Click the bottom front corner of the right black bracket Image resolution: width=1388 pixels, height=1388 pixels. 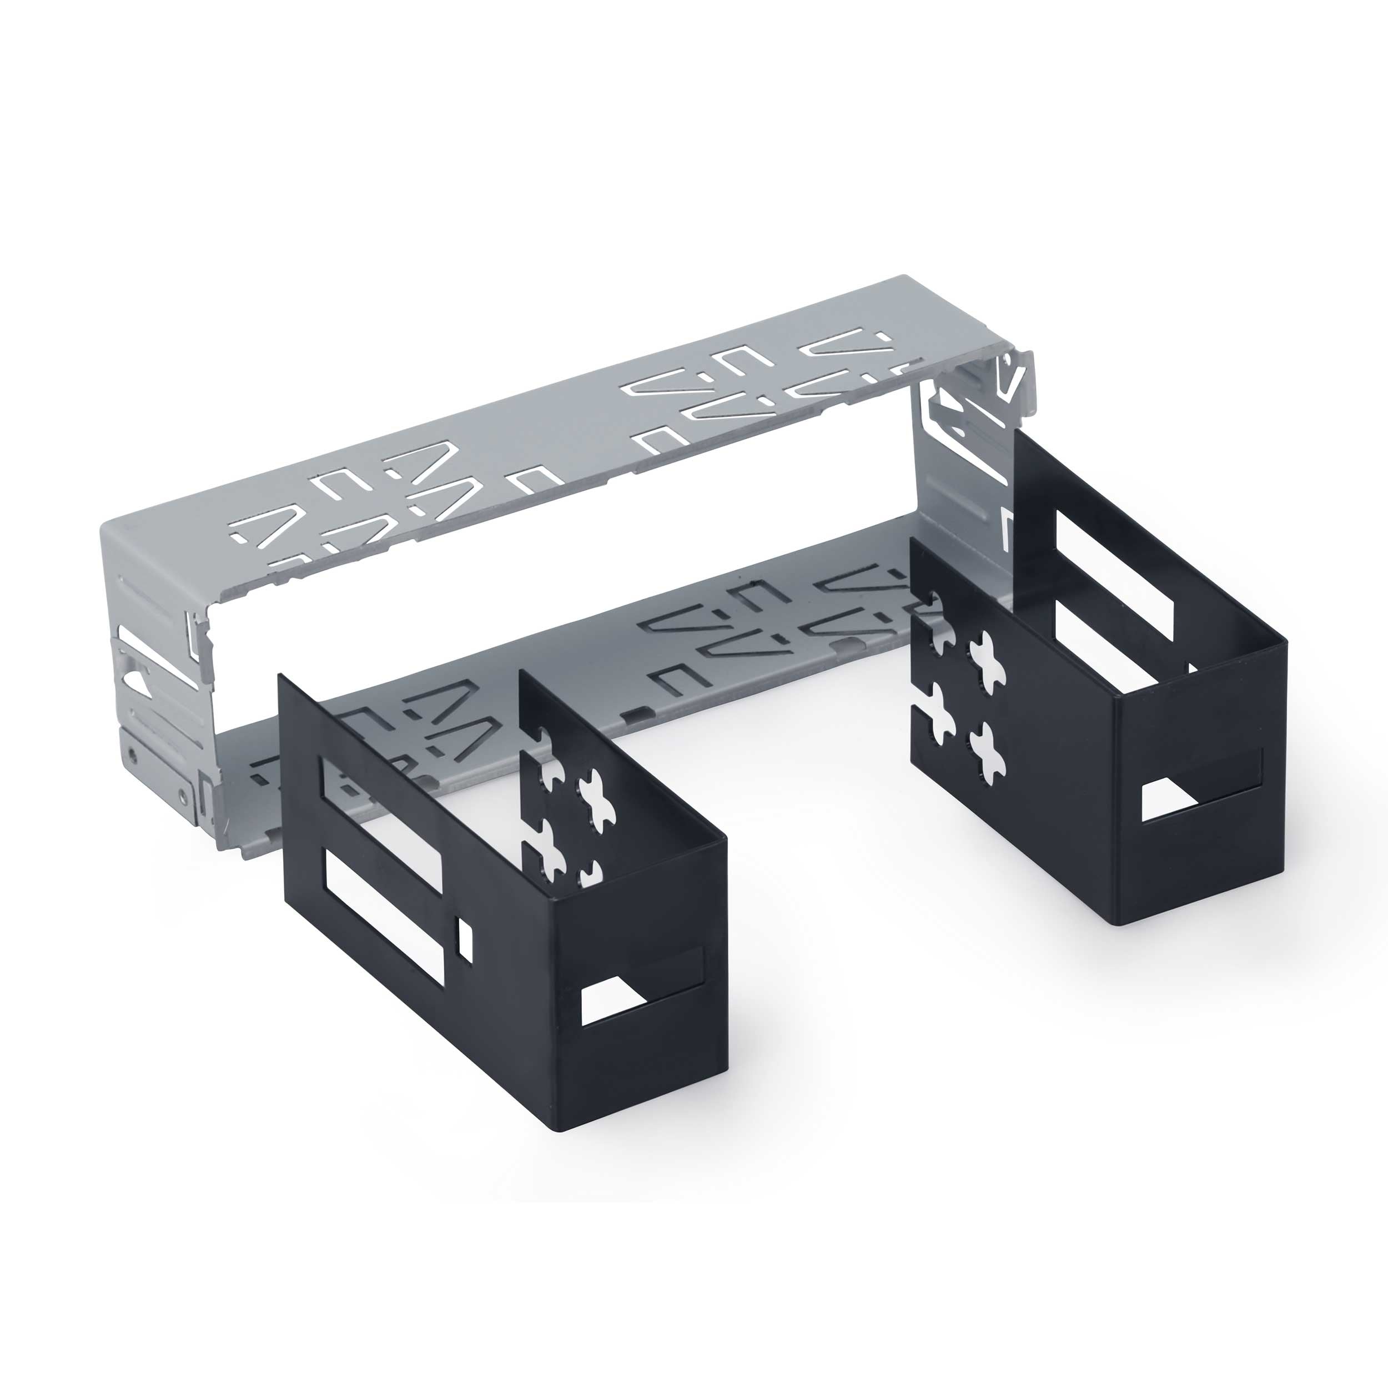1118,924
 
